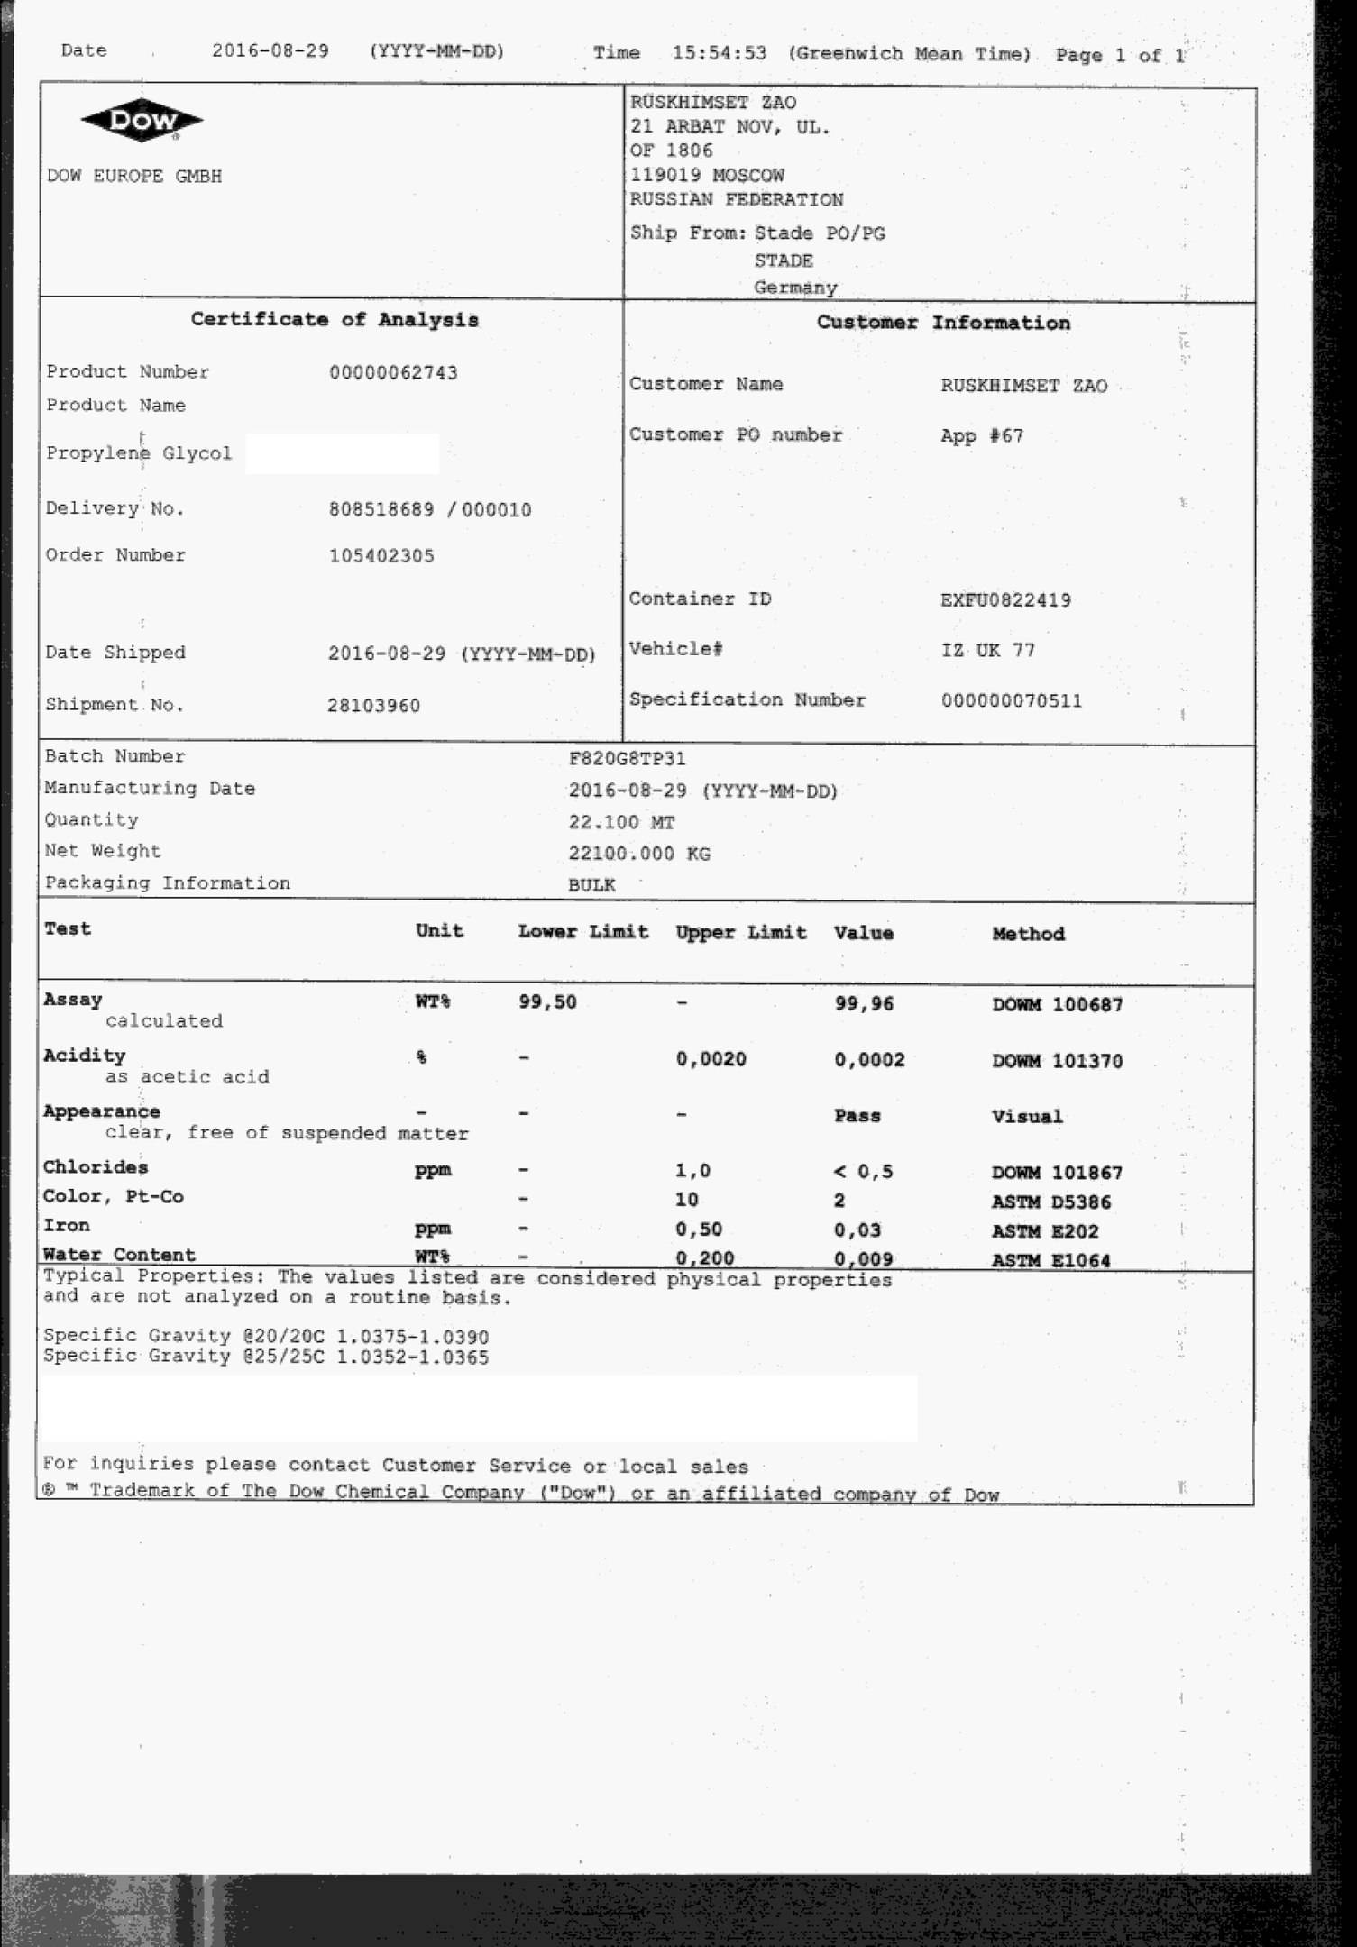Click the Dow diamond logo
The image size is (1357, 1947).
(x=142, y=122)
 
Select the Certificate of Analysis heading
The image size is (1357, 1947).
(x=334, y=320)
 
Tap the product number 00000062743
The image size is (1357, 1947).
(x=393, y=373)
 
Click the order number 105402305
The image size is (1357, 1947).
(x=381, y=556)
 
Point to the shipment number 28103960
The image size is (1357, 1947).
(x=373, y=706)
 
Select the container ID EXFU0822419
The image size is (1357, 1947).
(x=1005, y=600)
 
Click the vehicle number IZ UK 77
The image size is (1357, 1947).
(x=988, y=651)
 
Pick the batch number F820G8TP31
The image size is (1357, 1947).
(x=627, y=759)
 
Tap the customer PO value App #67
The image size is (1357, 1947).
(x=982, y=436)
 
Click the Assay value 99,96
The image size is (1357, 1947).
(x=864, y=1004)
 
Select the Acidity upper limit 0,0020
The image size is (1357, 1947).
(x=711, y=1060)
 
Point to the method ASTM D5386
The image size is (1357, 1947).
(x=1051, y=1202)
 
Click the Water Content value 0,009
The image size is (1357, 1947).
(x=864, y=1259)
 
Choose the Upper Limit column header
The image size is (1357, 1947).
(x=741, y=933)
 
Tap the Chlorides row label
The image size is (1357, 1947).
(x=96, y=1167)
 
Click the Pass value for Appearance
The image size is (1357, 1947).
(x=857, y=1116)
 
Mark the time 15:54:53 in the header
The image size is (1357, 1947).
(x=720, y=53)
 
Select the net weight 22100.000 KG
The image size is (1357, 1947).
(x=639, y=854)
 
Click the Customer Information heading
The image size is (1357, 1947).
(x=943, y=323)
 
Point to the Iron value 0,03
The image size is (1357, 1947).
(x=857, y=1230)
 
